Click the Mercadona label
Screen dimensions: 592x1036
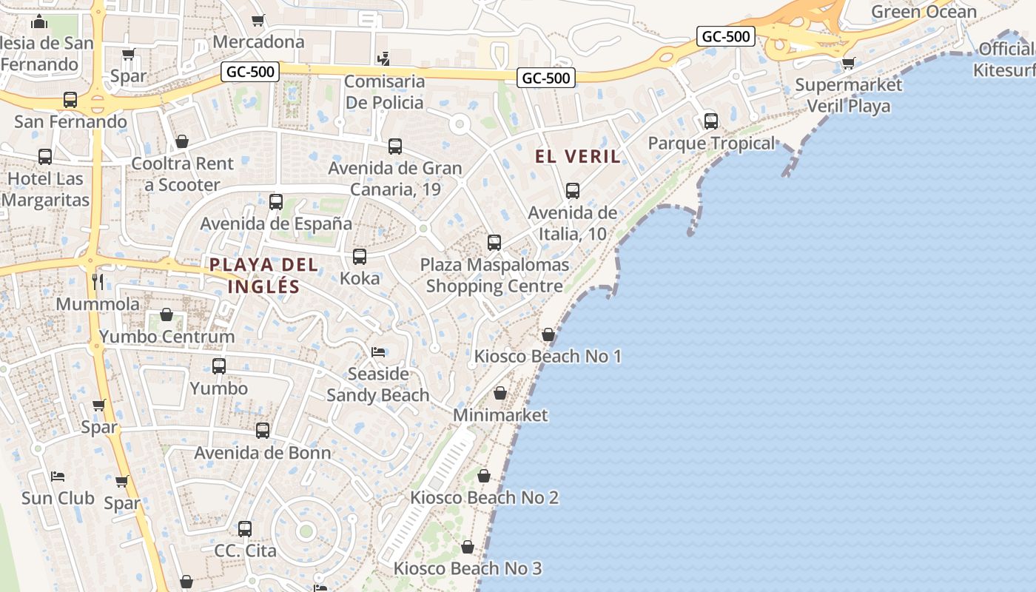(258, 41)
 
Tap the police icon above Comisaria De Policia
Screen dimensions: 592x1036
(383, 58)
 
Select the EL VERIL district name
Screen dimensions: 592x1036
(578, 156)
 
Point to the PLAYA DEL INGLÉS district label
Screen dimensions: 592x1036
(263, 275)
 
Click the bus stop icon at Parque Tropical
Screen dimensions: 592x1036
(711, 121)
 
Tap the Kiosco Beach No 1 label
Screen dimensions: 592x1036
(548, 357)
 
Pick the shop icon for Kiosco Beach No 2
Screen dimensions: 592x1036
(484, 476)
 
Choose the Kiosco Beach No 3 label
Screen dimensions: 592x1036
(468, 568)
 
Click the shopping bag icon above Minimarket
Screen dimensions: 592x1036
(500, 393)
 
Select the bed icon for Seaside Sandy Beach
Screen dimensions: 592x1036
(378, 351)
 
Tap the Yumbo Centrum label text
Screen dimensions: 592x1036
(166, 337)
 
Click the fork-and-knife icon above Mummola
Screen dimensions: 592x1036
(98, 281)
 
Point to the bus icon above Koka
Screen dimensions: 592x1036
(360, 257)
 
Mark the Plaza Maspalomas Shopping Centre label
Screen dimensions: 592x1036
(494, 275)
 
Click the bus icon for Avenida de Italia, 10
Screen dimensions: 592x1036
(573, 191)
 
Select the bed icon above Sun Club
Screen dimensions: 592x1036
(58, 476)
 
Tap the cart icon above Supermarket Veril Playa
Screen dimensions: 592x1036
(848, 63)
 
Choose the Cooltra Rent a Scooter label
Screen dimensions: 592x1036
(182, 174)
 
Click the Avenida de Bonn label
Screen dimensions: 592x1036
(263, 452)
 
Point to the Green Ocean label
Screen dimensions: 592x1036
(924, 12)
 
